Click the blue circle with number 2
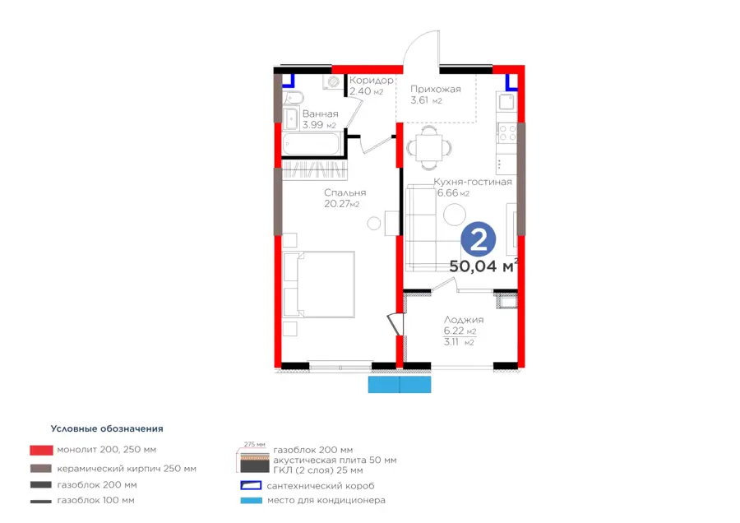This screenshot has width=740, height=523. [x=478, y=240]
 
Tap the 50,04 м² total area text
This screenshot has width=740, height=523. [x=483, y=266]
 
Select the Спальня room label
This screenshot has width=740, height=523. [x=345, y=192]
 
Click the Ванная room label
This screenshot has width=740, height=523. [x=321, y=113]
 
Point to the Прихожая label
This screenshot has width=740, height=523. [x=436, y=89]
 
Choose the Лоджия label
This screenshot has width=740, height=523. [x=464, y=320]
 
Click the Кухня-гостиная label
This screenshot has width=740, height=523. [x=473, y=182]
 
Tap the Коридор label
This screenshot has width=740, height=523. [x=372, y=81]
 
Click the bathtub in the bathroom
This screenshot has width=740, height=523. [x=311, y=143]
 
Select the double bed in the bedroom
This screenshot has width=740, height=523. [x=319, y=285]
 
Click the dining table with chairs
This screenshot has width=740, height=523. [x=429, y=147]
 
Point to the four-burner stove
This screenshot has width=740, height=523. [x=506, y=132]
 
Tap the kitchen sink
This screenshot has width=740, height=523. [x=506, y=101]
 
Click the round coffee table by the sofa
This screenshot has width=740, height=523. [x=455, y=215]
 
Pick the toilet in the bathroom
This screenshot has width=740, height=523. [x=294, y=98]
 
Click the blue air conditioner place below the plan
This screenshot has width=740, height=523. [x=400, y=384]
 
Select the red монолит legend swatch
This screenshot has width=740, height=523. [x=42, y=450]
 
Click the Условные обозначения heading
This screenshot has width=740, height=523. [x=107, y=428]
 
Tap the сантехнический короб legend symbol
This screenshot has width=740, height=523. [x=251, y=485]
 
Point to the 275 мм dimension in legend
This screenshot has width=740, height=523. [x=255, y=444]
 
